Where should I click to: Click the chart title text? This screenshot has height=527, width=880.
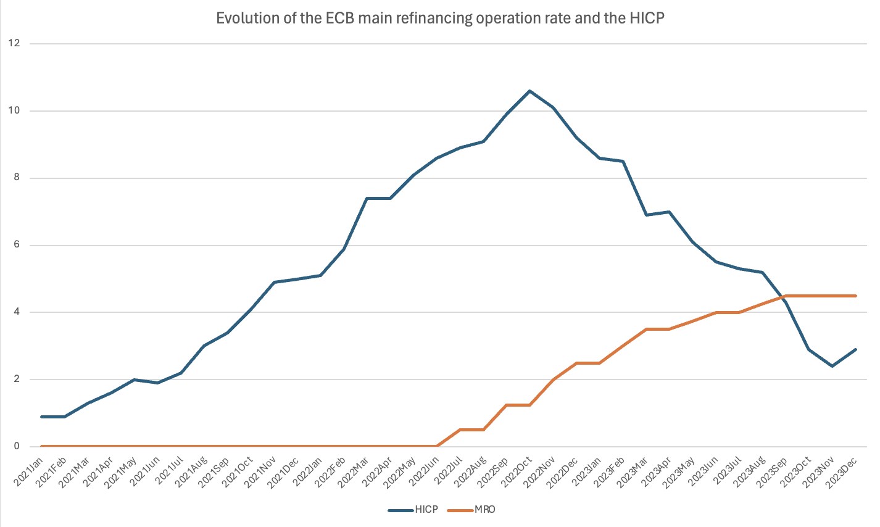[x=440, y=19]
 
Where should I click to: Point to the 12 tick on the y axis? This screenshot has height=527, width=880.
[x=14, y=43]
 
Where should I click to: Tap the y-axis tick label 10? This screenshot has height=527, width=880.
[x=14, y=110]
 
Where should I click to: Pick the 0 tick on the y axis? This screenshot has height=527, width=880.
[x=16, y=446]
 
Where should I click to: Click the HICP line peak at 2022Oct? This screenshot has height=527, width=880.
[x=529, y=91]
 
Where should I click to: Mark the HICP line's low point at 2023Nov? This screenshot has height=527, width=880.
[x=832, y=366]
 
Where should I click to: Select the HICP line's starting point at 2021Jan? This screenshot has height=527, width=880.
[x=41, y=417]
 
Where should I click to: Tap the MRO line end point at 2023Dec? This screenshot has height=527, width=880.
[x=856, y=296]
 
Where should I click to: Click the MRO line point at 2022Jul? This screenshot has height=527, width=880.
[x=460, y=429]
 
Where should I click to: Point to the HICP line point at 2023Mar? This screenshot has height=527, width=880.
[x=646, y=215]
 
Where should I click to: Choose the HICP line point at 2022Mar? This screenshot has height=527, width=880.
[x=367, y=198]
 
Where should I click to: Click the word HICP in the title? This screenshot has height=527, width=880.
[x=647, y=19]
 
